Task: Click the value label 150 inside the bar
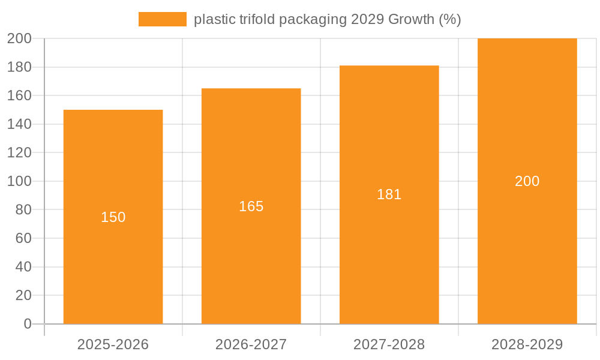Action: pyautogui.click(x=113, y=217)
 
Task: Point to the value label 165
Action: pyautogui.click(x=251, y=206)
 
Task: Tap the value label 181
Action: pyautogui.click(x=389, y=194)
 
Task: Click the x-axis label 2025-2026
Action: pyautogui.click(x=113, y=344)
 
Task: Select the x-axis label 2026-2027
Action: pyautogui.click(x=251, y=344)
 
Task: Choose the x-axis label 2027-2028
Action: pyautogui.click(x=389, y=344)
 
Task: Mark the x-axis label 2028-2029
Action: pyautogui.click(x=527, y=344)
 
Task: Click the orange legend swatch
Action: pyautogui.click(x=162, y=19)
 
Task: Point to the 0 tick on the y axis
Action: pyautogui.click(x=27, y=324)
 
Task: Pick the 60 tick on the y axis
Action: pyautogui.click(x=23, y=238)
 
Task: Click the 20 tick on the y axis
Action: pyautogui.click(x=23, y=295)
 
